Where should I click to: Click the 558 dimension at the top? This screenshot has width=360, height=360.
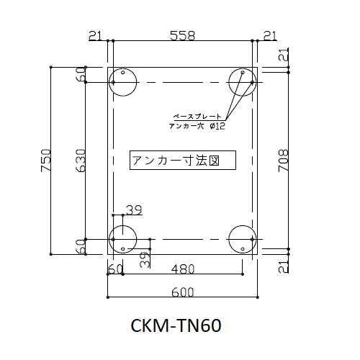point(183,36)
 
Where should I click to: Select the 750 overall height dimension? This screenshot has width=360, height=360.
point(46,160)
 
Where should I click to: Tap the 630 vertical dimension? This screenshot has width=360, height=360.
point(81,161)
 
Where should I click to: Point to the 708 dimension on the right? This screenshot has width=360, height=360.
point(283,161)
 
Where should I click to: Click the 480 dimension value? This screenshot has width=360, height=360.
point(183,269)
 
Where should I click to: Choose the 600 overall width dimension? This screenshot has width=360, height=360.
point(183,292)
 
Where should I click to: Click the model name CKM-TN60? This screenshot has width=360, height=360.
point(176,325)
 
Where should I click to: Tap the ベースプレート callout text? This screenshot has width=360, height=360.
point(197,117)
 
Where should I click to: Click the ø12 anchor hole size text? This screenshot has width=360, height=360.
point(217,126)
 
